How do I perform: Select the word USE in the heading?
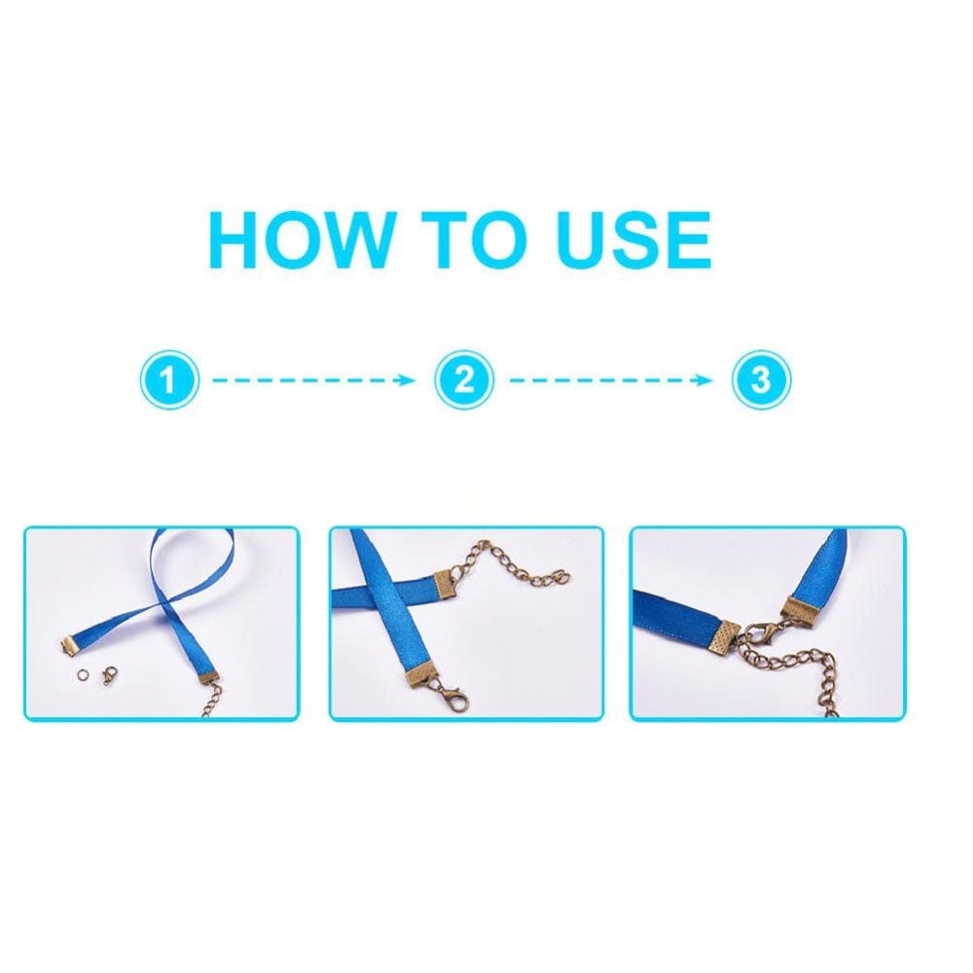(x=633, y=239)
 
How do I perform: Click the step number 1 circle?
(x=168, y=379)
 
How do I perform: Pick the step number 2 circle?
(x=464, y=379)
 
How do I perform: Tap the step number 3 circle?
(x=762, y=379)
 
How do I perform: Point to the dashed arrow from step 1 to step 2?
(x=313, y=379)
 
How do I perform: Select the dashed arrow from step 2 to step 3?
(x=611, y=379)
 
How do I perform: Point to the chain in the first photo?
(x=213, y=701)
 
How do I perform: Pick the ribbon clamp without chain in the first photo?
(x=69, y=645)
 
